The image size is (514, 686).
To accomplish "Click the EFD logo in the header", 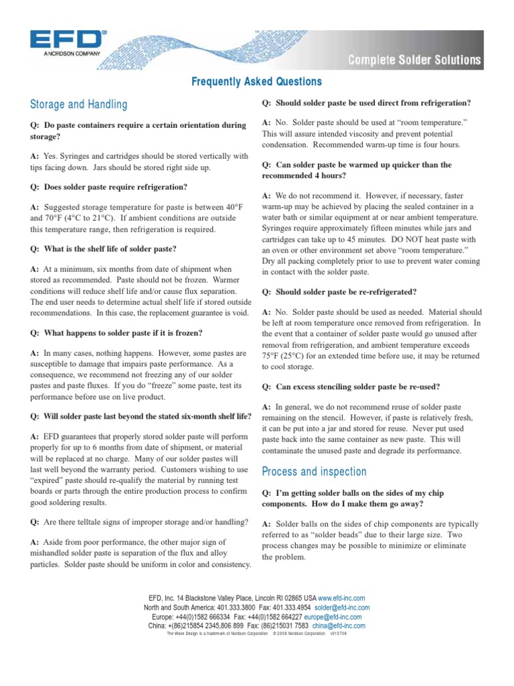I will click(68, 39).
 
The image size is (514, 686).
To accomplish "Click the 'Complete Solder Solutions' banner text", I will click(414, 61).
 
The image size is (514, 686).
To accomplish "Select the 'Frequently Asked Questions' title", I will click(257, 82).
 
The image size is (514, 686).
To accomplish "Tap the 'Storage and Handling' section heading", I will click(79, 105).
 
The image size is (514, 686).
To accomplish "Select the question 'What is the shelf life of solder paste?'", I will click(104, 249).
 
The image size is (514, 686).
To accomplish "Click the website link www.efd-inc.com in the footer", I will click(341, 598).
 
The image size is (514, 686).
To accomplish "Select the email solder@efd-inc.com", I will click(342, 607).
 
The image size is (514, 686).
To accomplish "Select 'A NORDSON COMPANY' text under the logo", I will click(66, 52).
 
